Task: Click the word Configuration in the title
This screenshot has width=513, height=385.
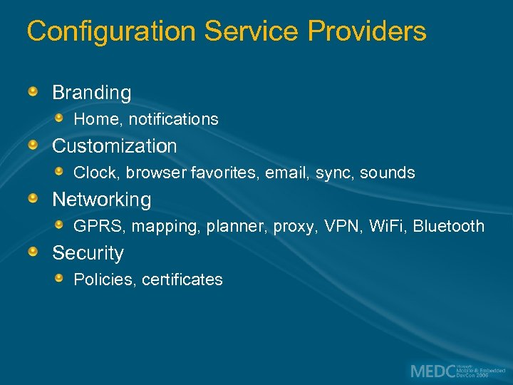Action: tap(111, 31)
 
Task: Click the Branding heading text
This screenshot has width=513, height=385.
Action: tap(91, 93)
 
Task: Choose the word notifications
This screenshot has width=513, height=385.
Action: tap(173, 119)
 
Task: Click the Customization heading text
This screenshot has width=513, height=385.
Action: tap(114, 146)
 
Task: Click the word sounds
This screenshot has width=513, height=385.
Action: tap(387, 173)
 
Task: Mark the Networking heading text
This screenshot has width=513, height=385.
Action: tap(101, 200)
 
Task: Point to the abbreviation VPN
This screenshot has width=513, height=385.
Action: tap(338, 227)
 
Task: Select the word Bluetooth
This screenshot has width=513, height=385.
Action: tap(448, 227)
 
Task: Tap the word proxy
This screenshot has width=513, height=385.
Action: tap(295, 227)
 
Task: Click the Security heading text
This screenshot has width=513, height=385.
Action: tap(88, 253)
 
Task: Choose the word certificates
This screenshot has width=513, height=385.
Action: tap(182, 279)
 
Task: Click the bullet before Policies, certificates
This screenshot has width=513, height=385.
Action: tap(60, 278)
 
